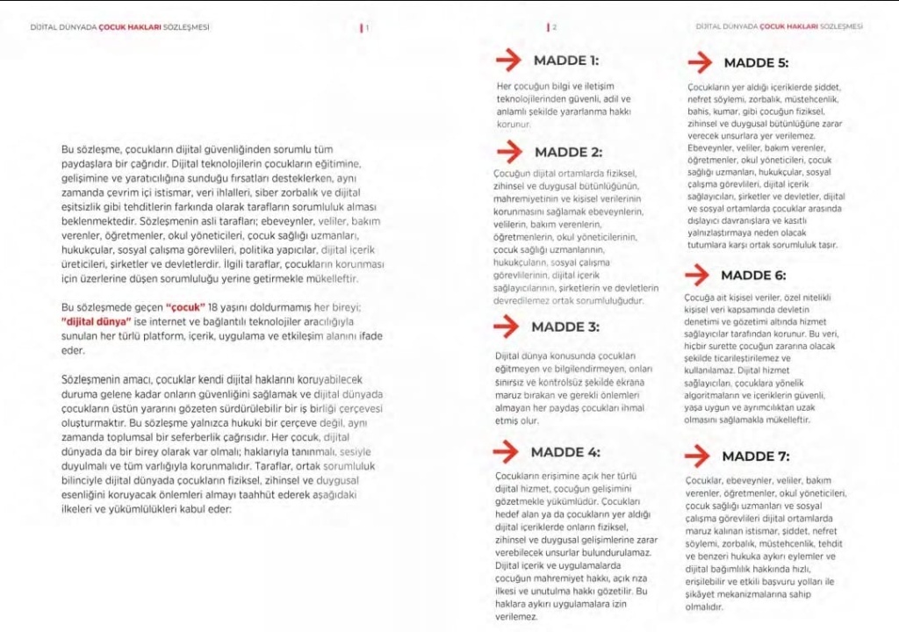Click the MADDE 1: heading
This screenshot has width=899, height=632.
565,61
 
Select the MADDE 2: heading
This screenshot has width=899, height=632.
568,152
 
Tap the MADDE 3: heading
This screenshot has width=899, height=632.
565,327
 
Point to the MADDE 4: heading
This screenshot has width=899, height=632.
565,452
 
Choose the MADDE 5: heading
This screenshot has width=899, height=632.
756,62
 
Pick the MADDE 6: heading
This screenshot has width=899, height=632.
753,275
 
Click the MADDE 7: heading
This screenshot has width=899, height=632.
755,456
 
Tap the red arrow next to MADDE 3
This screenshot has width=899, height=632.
507,327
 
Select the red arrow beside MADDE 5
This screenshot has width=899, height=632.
700,62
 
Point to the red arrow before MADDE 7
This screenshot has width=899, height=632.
697,456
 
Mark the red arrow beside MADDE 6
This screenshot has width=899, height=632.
697,275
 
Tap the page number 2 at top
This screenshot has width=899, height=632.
554,27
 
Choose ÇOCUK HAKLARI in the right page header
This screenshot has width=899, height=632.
788,27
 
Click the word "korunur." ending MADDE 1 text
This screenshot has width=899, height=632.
514,125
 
